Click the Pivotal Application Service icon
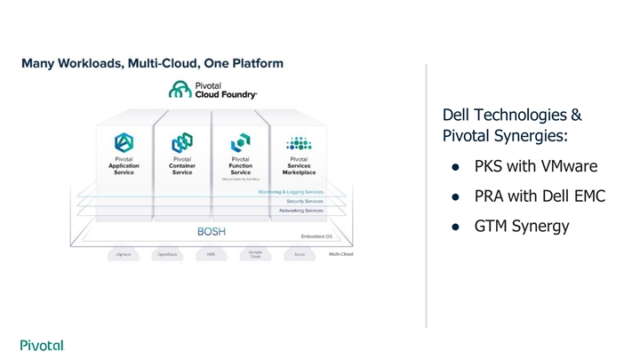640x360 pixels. pyautogui.click(x=124, y=142)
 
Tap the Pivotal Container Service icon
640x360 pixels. pyautogui.click(x=182, y=142)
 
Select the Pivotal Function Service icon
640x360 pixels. pyautogui.click(x=240, y=142)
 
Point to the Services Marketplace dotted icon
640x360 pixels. pyautogui.click(x=299, y=142)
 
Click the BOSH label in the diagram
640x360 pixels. pyautogui.click(x=211, y=231)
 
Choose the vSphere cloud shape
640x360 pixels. pyautogui.click(x=124, y=253)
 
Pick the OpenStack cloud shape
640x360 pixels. pyautogui.click(x=167, y=253)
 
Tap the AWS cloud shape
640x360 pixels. pyautogui.click(x=211, y=253)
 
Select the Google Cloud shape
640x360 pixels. pyautogui.click(x=254, y=253)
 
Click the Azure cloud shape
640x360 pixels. pyautogui.click(x=299, y=253)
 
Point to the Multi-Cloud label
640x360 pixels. pyautogui.click(x=340, y=253)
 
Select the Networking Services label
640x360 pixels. pyautogui.click(x=300, y=211)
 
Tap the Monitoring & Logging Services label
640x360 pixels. pyautogui.click(x=291, y=191)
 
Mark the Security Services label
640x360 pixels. pyautogui.click(x=304, y=201)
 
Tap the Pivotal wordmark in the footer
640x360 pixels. pyautogui.click(x=42, y=345)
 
